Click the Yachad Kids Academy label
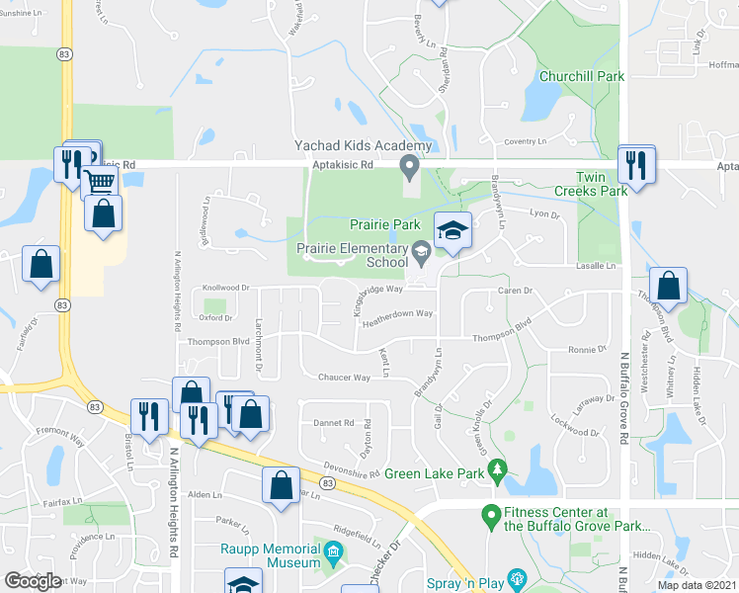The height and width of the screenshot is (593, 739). [x=364, y=146]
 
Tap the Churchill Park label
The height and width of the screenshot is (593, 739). [x=582, y=76]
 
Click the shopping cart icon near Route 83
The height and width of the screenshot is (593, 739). [x=99, y=182]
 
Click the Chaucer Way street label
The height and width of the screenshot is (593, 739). [x=344, y=378]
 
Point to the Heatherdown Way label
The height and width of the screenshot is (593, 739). [x=397, y=313]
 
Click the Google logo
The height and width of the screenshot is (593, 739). [x=33, y=581]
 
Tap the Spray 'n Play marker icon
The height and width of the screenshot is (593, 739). [x=515, y=577]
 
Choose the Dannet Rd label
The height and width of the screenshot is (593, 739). [x=334, y=423]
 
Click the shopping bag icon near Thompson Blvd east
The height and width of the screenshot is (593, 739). [x=669, y=285]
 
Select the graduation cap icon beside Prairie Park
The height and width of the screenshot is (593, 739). [x=452, y=231]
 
